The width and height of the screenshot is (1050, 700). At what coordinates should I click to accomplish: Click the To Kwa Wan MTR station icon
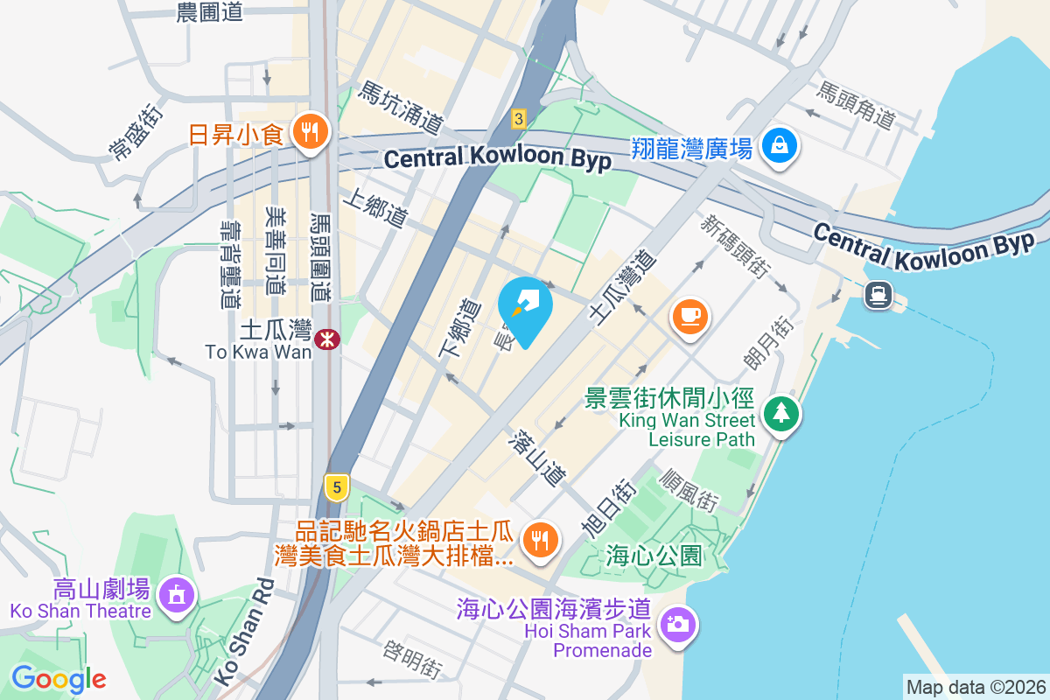[x=328, y=338]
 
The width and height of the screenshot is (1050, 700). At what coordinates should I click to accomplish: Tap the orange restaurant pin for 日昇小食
[x=308, y=133]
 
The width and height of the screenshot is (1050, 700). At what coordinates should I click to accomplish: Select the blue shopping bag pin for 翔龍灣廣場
[x=778, y=144]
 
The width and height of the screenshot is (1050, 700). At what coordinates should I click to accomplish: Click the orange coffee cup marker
[x=689, y=313]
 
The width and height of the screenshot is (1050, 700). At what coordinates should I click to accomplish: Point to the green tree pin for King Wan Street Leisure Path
[x=780, y=412]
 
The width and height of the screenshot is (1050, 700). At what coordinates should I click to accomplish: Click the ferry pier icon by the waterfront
[x=878, y=295]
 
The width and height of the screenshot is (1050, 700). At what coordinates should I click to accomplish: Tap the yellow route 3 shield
[x=519, y=118]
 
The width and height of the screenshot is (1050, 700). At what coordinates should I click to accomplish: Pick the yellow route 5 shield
[x=337, y=486]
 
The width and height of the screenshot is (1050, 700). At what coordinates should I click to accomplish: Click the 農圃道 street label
[x=209, y=12]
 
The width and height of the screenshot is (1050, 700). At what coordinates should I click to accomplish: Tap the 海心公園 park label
[x=654, y=555]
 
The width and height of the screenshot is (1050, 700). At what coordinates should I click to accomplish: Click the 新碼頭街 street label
[x=734, y=245]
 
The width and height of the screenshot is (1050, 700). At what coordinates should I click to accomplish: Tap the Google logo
[x=59, y=679]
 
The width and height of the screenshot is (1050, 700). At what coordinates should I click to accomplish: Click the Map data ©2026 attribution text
[x=975, y=687]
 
